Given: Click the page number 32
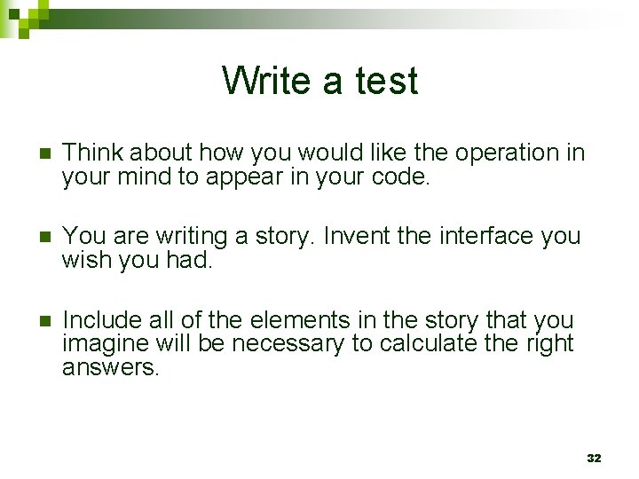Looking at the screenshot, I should (594, 458).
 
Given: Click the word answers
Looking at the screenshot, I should (110, 367).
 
